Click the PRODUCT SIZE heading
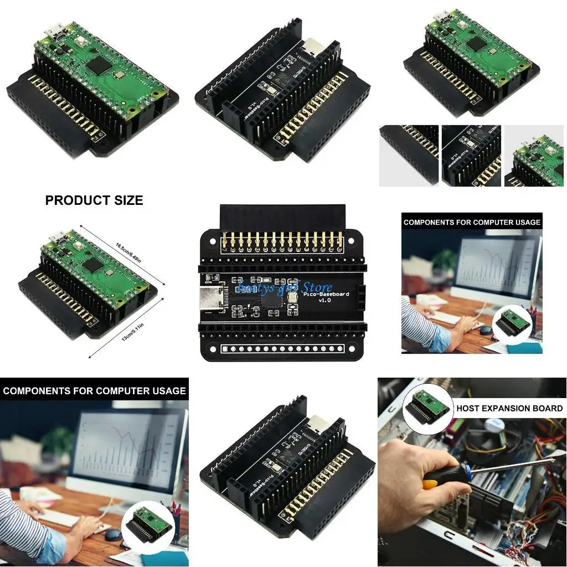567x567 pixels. tap(94, 200)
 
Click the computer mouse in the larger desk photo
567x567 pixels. tap(113, 535)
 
